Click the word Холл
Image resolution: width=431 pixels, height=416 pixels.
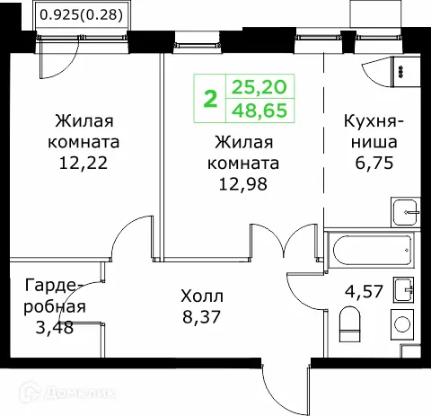[x=201, y=296]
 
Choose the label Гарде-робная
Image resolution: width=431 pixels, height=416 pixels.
[x=55, y=296]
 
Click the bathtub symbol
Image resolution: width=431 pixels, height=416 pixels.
[x=372, y=244]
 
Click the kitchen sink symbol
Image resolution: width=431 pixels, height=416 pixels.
[x=406, y=212]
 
